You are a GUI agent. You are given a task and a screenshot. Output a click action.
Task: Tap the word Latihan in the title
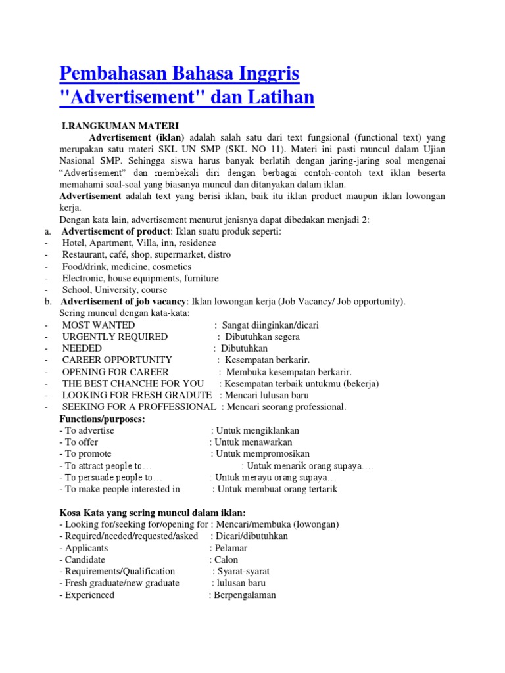277,98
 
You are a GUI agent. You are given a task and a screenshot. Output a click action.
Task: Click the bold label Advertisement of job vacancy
125,302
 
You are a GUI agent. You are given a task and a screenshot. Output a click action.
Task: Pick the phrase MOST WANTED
99,325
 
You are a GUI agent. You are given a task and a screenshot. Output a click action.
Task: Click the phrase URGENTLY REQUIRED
115,337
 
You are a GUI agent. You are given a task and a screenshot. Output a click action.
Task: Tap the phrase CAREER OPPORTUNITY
117,360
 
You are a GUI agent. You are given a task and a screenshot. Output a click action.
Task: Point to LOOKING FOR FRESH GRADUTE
137,395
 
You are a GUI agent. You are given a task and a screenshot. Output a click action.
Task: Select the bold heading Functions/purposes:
102,419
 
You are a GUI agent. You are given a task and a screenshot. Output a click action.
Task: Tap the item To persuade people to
110,478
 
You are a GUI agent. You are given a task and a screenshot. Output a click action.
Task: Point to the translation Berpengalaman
245,595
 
